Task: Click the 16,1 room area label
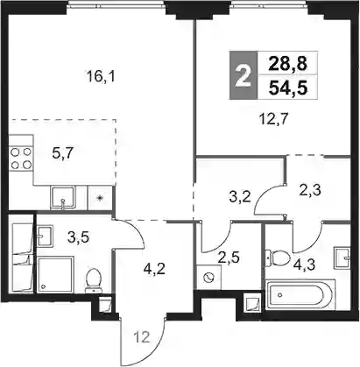(101, 77)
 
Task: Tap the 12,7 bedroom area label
(273, 119)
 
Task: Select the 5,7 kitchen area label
(63, 153)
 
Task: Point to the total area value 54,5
(288, 88)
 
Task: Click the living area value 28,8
(288, 64)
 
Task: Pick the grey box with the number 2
(244, 75)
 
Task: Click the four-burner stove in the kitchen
(21, 159)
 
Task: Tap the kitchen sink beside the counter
(62, 198)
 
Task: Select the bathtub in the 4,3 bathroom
(300, 294)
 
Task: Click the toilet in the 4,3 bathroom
(277, 258)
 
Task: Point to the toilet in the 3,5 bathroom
(94, 280)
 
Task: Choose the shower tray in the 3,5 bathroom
(55, 274)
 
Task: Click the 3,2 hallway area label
(240, 197)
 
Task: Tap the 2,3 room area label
(310, 190)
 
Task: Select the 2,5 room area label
(229, 258)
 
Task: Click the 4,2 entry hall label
(154, 269)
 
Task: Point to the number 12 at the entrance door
(142, 337)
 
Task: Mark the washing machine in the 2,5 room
(209, 278)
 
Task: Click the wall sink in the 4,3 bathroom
(342, 258)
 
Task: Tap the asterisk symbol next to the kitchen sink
(100, 198)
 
